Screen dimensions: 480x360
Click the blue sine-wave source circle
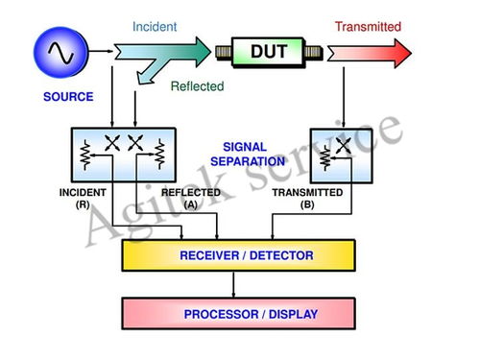coord(60,53)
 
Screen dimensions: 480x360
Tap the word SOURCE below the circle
coord(68,97)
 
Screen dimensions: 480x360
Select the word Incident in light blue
coord(155,27)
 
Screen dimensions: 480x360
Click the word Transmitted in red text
coord(368,27)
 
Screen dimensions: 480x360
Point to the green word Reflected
coord(197,86)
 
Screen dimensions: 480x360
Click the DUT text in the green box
coord(269,51)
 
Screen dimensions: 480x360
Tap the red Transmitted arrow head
coord(402,53)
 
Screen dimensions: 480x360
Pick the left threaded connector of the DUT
coord(224,52)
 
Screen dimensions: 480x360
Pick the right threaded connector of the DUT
coord(313,52)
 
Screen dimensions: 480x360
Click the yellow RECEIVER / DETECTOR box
coord(238,255)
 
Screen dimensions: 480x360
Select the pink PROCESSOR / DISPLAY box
coord(238,314)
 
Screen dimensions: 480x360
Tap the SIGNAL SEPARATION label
coord(248,154)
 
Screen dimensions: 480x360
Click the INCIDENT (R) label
coord(83,198)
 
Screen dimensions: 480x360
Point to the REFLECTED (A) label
coord(191,198)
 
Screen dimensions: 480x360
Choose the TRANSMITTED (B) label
coord(307,198)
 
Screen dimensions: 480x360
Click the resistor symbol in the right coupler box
coord(325,158)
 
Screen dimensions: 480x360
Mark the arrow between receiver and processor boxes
coord(233,284)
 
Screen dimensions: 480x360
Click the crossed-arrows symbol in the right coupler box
coord(344,146)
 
